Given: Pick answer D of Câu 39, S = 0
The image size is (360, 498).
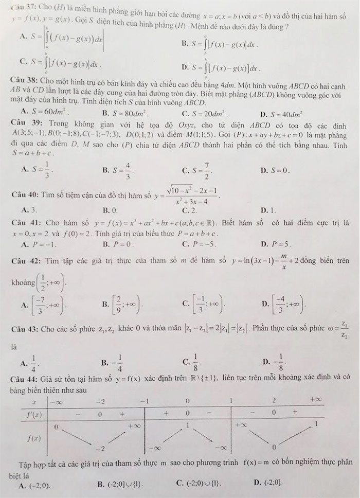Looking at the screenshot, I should click(x=276, y=170).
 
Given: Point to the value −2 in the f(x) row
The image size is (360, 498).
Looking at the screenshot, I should click(x=102, y=448).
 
